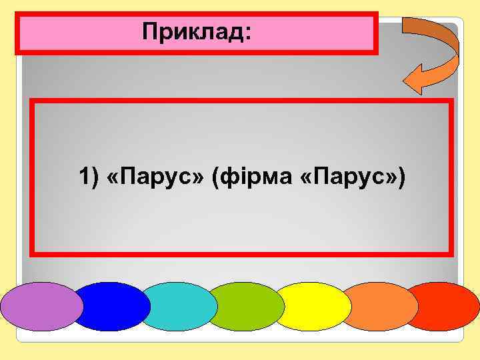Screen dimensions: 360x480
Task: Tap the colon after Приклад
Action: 249,33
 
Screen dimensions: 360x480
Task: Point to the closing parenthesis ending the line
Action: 400,178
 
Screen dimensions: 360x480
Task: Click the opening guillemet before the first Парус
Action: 112,179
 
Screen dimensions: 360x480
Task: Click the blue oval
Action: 112,307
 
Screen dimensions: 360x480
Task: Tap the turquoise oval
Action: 179,307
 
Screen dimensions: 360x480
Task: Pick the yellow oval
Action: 312,307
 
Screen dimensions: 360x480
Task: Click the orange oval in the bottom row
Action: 380,307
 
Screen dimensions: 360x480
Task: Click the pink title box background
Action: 80,32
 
